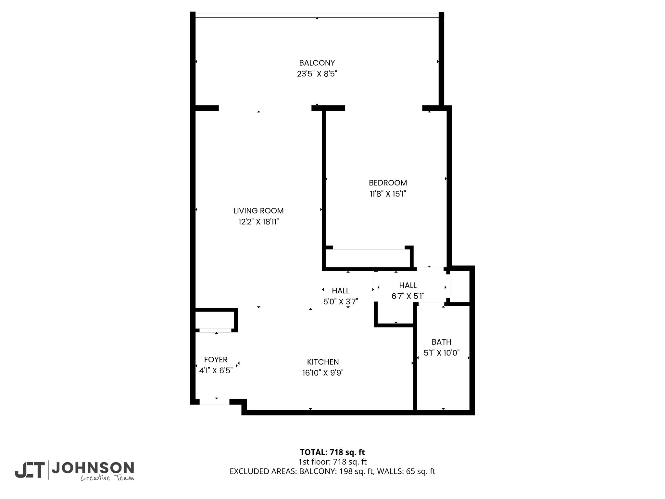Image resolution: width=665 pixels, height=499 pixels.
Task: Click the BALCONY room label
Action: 317,63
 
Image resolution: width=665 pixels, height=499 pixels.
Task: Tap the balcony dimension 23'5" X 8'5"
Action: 317,74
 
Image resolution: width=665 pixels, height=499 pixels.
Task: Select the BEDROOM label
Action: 388,183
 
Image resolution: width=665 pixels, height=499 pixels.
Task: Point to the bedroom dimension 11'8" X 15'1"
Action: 388,194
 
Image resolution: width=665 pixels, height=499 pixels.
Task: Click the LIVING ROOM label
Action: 258,211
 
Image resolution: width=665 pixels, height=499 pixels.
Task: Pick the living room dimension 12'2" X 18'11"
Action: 258,222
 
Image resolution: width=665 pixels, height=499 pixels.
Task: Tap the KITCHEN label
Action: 323,362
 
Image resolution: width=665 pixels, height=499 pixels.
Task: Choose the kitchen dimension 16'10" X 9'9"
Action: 323,373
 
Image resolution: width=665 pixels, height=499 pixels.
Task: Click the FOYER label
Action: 216,360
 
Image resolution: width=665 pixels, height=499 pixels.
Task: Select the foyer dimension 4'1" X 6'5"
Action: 216,371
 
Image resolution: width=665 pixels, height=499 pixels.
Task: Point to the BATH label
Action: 441,342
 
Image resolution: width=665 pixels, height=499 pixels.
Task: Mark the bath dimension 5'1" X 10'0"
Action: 442,353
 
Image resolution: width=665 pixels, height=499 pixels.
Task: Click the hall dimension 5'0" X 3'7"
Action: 340,302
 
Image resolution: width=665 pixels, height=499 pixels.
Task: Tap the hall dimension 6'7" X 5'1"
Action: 408,296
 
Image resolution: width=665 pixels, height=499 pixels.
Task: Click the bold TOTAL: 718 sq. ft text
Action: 332,452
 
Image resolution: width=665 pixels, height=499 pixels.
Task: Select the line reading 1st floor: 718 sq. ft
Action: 332,462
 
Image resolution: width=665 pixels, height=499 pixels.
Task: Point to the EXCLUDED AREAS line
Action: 332,471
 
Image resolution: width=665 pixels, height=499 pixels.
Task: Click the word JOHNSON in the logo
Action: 93,468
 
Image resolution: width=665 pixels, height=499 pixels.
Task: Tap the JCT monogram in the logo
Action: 30,470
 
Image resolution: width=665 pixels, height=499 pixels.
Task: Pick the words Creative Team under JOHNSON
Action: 107,478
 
